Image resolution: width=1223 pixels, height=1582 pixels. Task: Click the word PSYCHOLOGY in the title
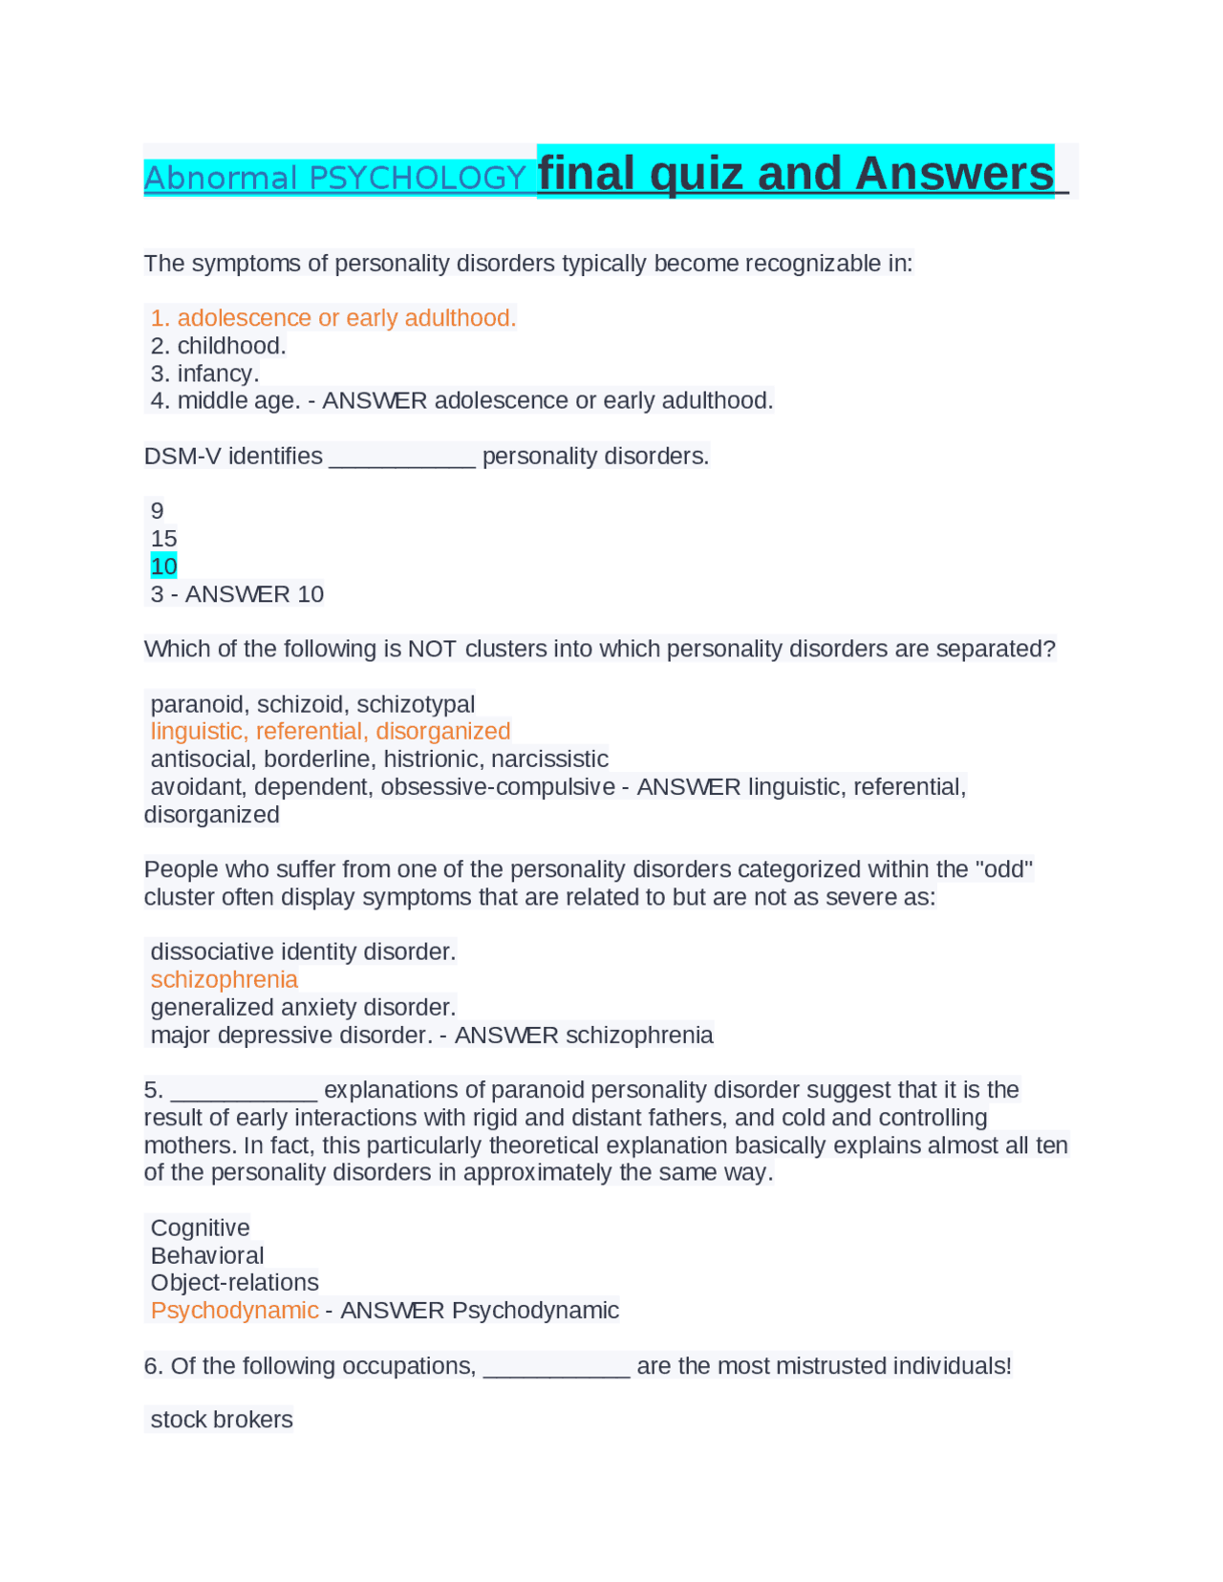click(x=417, y=178)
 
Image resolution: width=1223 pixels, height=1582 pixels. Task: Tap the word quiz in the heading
click(x=696, y=174)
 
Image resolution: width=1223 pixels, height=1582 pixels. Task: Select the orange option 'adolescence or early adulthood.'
click(x=346, y=318)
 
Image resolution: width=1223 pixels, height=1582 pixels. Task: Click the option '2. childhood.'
click(x=219, y=346)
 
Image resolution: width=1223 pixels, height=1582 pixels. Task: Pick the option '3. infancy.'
click(x=205, y=374)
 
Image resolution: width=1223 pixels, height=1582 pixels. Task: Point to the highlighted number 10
click(x=164, y=567)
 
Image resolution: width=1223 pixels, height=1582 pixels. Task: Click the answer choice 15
click(x=164, y=539)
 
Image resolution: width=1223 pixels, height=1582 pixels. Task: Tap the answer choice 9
click(x=158, y=511)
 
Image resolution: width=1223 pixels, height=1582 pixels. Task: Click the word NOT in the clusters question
click(x=433, y=650)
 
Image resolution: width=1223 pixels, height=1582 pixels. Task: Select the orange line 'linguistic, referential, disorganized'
click(x=331, y=732)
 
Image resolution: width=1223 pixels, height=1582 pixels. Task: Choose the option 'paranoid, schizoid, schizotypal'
click(x=312, y=705)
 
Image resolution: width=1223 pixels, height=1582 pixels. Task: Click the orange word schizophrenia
click(x=225, y=980)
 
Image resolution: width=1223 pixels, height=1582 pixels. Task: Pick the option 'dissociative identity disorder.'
click(x=304, y=952)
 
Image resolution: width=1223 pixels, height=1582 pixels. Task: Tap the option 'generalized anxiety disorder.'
click(x=304, y=1008)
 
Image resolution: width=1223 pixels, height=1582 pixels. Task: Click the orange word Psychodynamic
click(x=235, y=1311)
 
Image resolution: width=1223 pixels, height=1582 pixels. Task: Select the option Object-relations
click(x=235, y=1283)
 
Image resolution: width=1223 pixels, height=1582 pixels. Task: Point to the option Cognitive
click(x=201, y=1229)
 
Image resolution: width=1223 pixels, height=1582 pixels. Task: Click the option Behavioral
click(x=207, y=1256)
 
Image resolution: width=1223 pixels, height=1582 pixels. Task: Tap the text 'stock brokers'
click(x=222, y=1421)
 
